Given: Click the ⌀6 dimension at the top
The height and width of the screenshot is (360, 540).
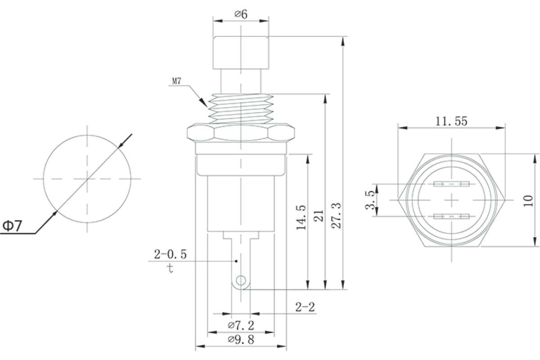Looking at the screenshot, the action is pyautogui.click(x=241, y=14).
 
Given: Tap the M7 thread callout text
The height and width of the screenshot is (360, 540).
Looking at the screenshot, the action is pyautogui.click(x=176, y=81).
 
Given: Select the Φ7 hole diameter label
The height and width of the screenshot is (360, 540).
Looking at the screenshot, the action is pyautogui.click(x=12, y=226).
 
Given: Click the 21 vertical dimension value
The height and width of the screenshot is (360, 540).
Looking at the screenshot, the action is pyautogui.click(x=319, y=216).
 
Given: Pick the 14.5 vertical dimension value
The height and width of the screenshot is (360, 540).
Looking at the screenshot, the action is pyautogui.click(x=301, y=217).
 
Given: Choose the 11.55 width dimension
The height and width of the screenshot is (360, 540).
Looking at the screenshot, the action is pyautogui.click(x=451, y=121).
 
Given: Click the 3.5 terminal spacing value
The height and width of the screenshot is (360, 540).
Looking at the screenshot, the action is pyautogui.click(x=370, y=200).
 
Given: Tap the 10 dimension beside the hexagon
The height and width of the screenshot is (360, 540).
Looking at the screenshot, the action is pyautogui.click(x=528, y=201).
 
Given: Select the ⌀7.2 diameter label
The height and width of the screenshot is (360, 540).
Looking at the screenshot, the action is pyautogui.click(x=241, y=325).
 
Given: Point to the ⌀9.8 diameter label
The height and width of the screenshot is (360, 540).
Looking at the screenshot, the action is pyautogui.click(x=241, y=339).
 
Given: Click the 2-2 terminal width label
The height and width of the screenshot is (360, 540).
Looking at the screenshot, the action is pyautogui.click(x=305, y=307).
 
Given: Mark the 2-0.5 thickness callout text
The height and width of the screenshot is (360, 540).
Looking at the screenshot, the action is pyautogui.click(x=170, y=254).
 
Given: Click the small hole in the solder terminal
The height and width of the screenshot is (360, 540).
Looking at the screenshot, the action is pyautogui.click(x=241, y=281).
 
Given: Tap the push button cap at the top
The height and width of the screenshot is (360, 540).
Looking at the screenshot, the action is pyautogui.click(x=241, y=53).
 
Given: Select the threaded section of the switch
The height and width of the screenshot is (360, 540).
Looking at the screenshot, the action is pyautogui.click(x=241, y=109).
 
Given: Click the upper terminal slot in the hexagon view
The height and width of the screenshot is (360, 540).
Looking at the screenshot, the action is pyautogui.click(x=451, y=184).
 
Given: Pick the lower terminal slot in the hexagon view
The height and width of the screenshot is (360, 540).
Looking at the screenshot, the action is pyautogui.click(x=451, y=216).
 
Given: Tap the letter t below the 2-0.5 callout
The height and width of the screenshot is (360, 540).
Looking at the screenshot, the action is pyautogui.click(x=171, y=268).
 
